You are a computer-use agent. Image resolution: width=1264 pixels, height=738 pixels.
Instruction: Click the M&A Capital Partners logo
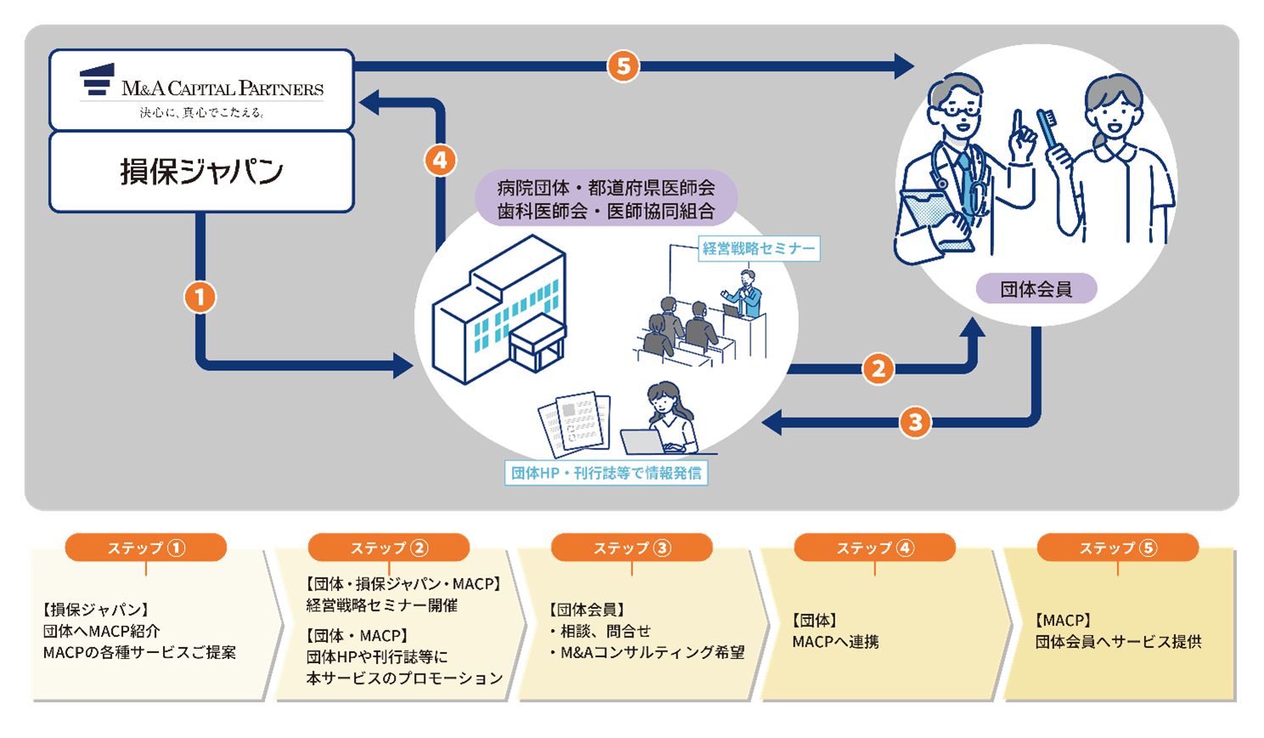202,88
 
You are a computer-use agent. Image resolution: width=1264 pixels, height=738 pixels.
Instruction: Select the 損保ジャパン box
202,172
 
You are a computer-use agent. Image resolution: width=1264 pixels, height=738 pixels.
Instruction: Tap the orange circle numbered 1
200,297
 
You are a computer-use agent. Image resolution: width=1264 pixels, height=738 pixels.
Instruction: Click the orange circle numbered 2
879,369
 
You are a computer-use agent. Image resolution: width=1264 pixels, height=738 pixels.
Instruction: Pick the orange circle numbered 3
915,422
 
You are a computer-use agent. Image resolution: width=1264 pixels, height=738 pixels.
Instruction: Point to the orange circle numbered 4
440,160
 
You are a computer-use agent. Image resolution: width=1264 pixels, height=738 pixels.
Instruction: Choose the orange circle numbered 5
623,66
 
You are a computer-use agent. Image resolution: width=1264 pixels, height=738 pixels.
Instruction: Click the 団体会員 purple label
1036,289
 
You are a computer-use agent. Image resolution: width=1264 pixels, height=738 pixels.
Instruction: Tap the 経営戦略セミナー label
759,249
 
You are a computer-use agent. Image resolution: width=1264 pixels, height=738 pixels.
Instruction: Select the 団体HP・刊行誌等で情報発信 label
606,473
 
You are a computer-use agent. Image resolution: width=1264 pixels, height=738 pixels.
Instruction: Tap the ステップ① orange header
146,548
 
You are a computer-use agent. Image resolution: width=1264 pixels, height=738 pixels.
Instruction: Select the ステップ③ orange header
632,548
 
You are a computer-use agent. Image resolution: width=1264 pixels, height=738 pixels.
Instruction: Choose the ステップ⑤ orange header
1117,548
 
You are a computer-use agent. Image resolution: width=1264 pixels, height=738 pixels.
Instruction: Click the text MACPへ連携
835,642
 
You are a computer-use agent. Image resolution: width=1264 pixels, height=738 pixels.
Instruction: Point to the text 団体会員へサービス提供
1118,642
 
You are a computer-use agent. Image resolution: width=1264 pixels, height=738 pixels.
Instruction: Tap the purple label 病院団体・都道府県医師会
606,188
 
